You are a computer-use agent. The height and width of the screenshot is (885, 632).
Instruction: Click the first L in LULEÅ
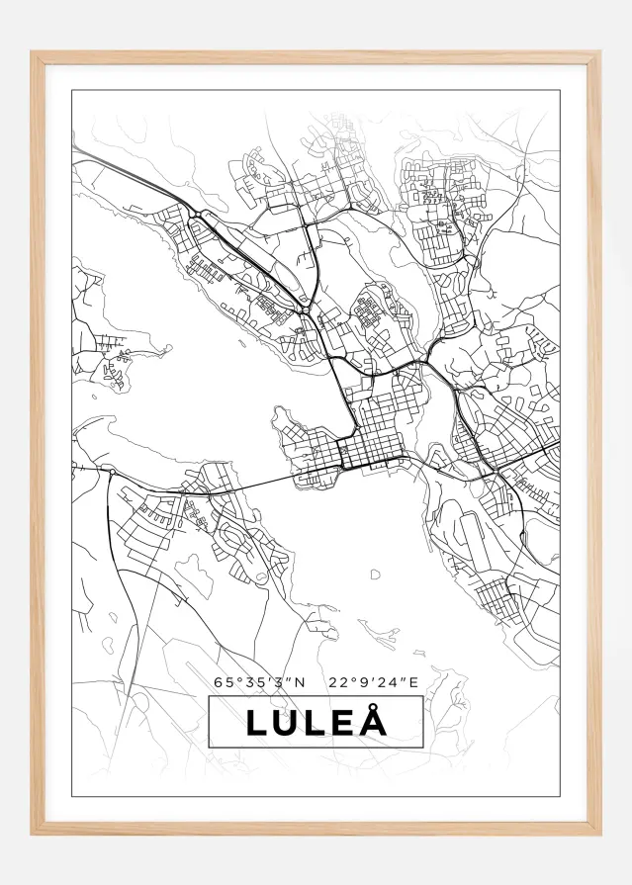(257, 723)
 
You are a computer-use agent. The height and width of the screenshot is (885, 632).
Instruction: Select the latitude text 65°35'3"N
(260, 681)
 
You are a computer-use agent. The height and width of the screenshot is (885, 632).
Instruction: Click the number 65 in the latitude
(221, 681)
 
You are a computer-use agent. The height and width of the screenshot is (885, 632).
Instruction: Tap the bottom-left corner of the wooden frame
(33, 833)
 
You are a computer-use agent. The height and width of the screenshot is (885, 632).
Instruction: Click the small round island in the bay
(375, 574)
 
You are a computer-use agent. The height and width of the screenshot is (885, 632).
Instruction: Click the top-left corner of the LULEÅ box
(209, 697)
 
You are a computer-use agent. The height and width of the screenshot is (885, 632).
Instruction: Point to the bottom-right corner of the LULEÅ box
(423, 748)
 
